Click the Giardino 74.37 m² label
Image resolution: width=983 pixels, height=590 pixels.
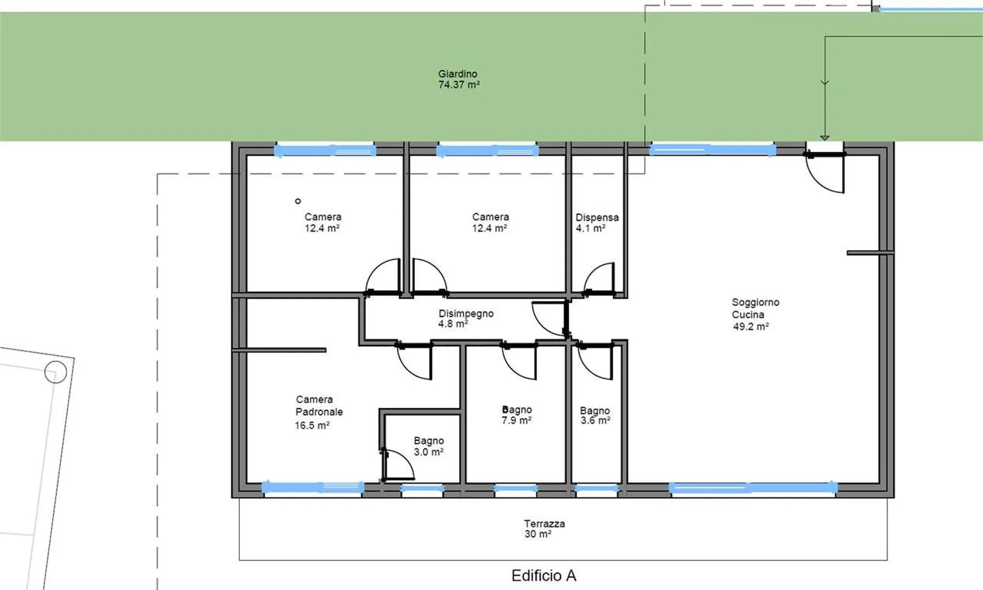(459, 79)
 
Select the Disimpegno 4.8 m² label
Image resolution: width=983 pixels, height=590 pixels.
(466, 318)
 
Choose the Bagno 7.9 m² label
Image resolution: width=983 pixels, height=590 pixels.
(517, 415)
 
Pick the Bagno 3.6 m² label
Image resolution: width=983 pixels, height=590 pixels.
(595, 415)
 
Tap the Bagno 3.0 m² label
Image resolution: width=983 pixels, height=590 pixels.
(429, 446)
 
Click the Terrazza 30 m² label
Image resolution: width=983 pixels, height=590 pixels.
(544, 529)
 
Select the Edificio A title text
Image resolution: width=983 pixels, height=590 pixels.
(544, 576)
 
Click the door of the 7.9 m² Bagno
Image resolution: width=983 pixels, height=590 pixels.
(519, 361)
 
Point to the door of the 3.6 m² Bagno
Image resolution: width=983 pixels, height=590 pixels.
(595, 361)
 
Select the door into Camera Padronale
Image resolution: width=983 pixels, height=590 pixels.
(414, 361)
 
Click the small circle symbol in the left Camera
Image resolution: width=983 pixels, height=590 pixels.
(298, 201)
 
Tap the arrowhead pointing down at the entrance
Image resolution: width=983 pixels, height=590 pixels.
(825, 137)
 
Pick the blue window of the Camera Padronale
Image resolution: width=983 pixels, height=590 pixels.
(313, 487)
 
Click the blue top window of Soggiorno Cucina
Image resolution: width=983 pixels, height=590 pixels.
(713, 150)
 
